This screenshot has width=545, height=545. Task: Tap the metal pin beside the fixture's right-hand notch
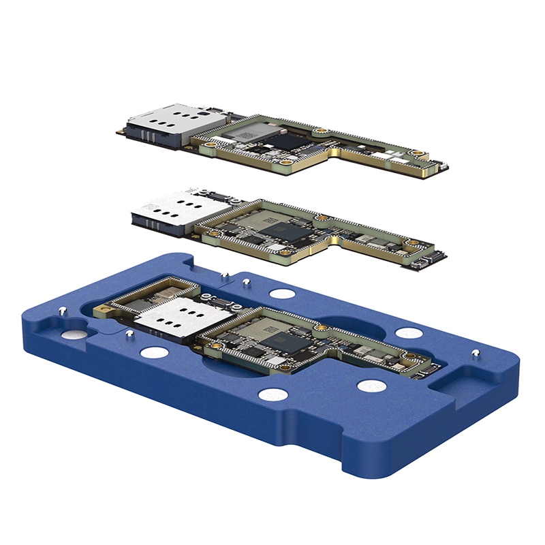[476, 353]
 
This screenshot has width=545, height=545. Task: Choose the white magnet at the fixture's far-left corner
[74, 334]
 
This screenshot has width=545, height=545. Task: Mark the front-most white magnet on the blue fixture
[273, 394]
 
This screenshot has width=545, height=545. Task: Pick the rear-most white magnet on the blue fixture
[281, 294]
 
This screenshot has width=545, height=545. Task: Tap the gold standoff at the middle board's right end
[410, 243]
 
